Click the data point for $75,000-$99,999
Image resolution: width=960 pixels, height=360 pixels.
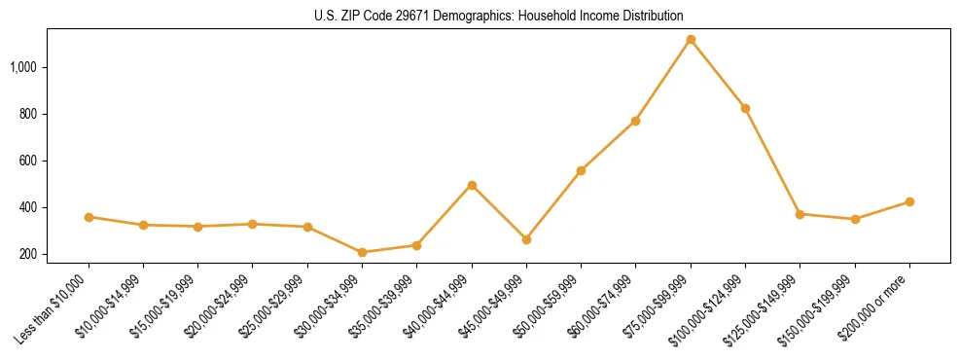pyautogui.click(x=691, y=40)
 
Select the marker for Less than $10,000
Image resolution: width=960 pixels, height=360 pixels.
pyautogui.click(x=89, y=217)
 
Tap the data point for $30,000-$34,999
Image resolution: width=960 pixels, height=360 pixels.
pyautogui.click(x=362, y=252)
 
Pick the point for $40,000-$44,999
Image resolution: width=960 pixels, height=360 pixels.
pyautogui.click(x=472, y=185)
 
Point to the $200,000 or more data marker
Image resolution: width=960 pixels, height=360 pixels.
pyautogui.click(x=909, y=201)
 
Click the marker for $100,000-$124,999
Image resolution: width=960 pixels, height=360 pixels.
pyautogui.click(x=745, y=108)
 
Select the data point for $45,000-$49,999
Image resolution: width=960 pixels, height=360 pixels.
pyautogui.click(x=526, y=239)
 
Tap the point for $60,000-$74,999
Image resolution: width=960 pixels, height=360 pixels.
pyautogui.click(x=635, y=121)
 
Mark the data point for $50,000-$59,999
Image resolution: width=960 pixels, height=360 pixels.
pyautogui.click(x=581, y=170)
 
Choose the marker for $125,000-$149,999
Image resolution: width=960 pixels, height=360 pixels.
pyautogui.click(x=800, y=214)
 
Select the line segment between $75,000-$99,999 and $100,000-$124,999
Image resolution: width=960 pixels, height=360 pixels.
pyautogui.click(x=718, y=74)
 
